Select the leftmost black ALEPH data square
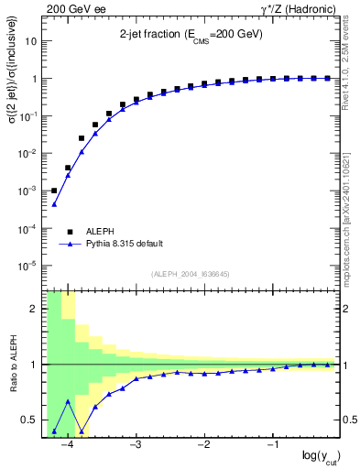(54, 191)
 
